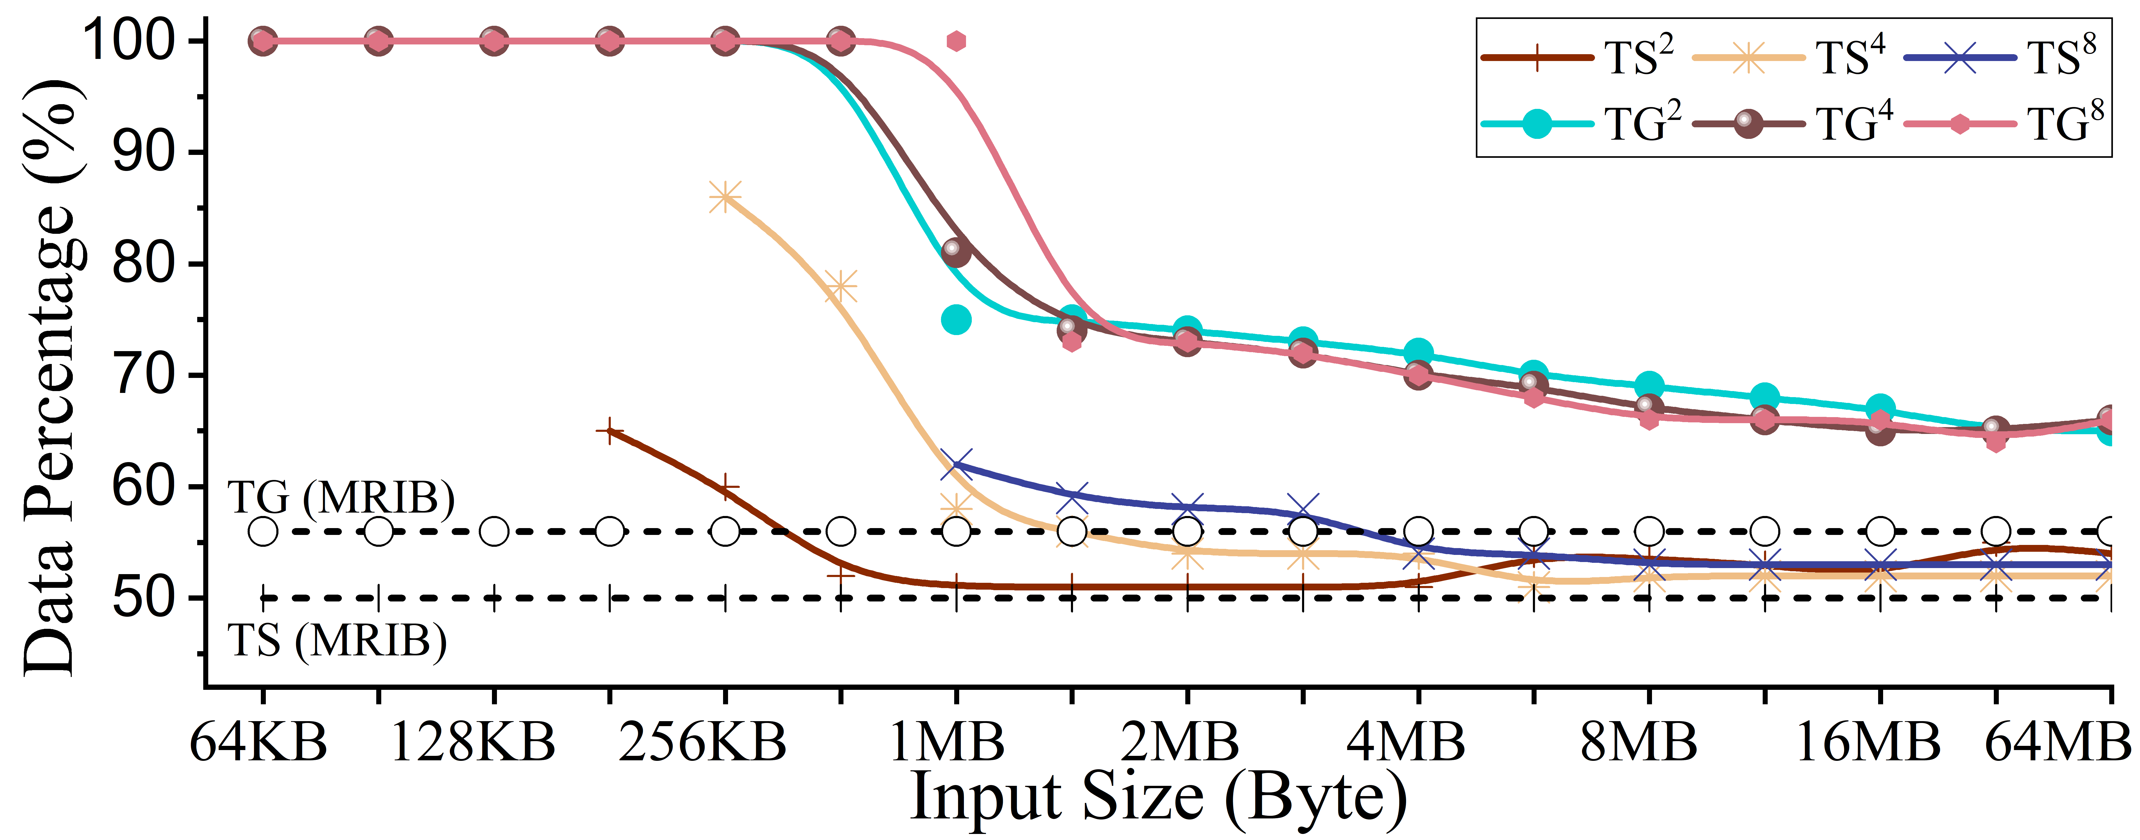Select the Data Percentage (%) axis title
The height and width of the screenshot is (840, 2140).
[x=50, y=378]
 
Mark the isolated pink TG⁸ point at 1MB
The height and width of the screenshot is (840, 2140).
[x=956, y=41]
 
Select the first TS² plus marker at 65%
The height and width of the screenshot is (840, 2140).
[x=610, y=431]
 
